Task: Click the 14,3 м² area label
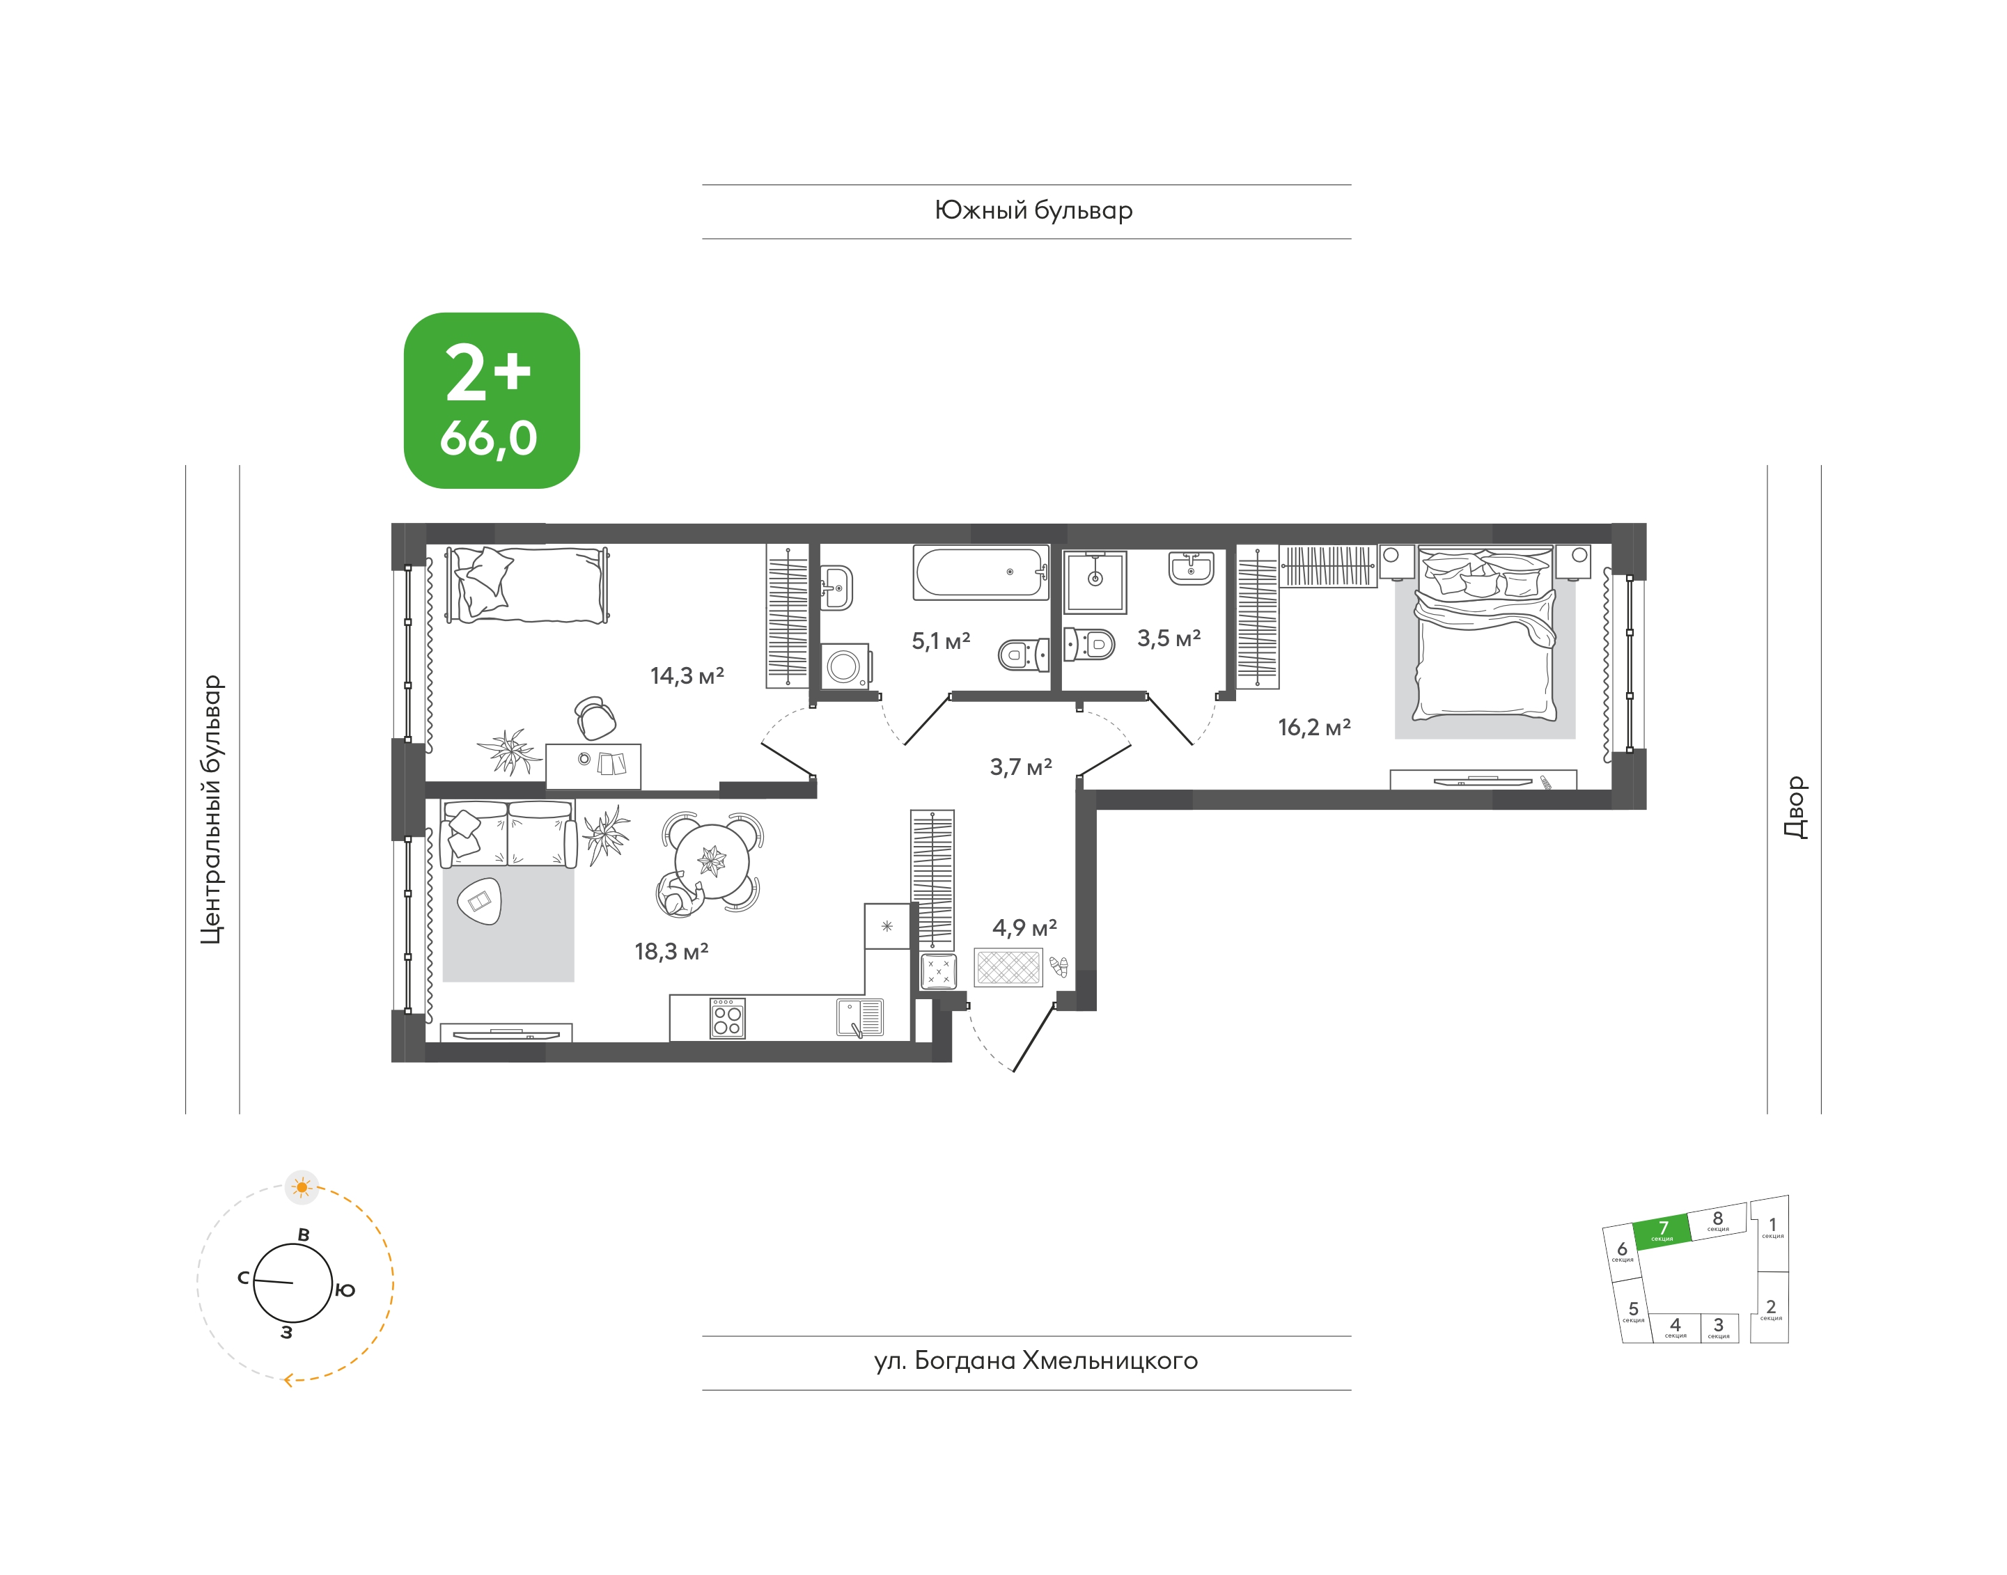687,676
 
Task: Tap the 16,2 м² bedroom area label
1314,728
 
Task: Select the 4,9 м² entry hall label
1024,927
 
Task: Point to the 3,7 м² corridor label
1021,767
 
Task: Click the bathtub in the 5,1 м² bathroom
981,572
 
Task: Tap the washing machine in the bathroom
844,666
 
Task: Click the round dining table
712,862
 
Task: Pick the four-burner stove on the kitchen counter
728,1019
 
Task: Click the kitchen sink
859,1018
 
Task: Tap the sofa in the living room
508,833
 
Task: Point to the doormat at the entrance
1008,967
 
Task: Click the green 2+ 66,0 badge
492,400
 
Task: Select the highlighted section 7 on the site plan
1662,1231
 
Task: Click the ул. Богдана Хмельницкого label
1036,1361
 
